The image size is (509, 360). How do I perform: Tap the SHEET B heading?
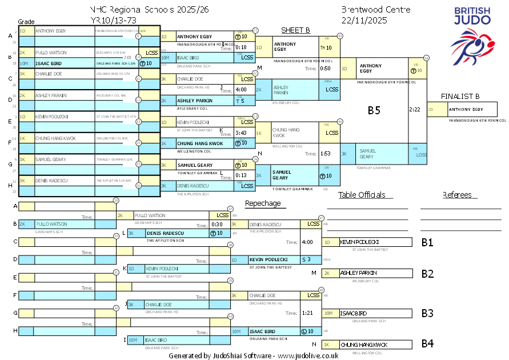(295, 30)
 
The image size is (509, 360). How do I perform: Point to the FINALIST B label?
(460, 95)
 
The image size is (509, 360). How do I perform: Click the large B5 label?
(374, 111)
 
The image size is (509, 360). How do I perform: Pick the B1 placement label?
(427, 242)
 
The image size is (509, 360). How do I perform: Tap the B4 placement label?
(427, 344)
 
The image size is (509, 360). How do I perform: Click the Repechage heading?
(263, 203)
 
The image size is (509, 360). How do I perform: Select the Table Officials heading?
(362, 195)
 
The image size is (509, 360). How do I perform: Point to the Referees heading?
(457, 195)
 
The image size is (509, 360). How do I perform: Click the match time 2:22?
(415, 109)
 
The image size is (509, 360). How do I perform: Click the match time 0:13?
(241, 175)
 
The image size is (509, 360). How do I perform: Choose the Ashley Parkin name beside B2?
(358, 273)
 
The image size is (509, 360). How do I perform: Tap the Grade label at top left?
(26, 21)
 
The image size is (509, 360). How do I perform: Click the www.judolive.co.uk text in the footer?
(308, 355)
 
